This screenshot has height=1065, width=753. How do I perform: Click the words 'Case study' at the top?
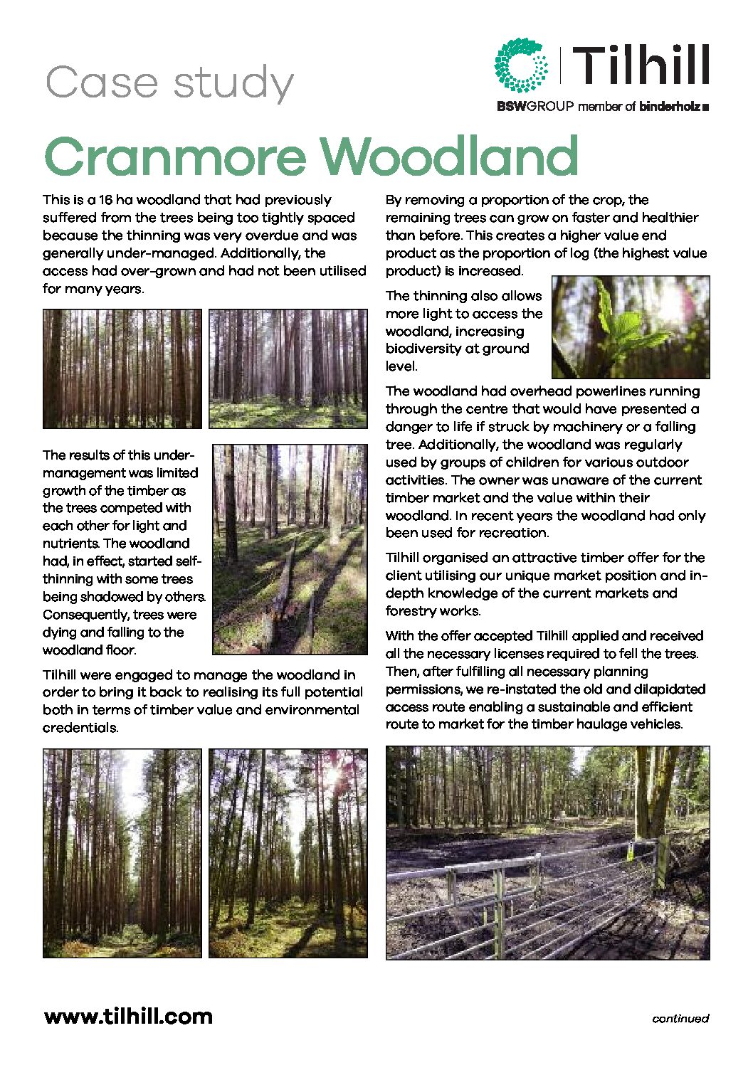(x=169, y=83)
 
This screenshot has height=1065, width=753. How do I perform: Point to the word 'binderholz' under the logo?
(x=670, y=107)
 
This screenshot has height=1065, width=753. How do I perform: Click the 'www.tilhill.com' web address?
(x=128, y=1016)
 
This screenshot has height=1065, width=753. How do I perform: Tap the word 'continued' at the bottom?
(x=680, y=1019)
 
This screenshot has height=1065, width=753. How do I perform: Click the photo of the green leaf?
(x=631, y=327)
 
